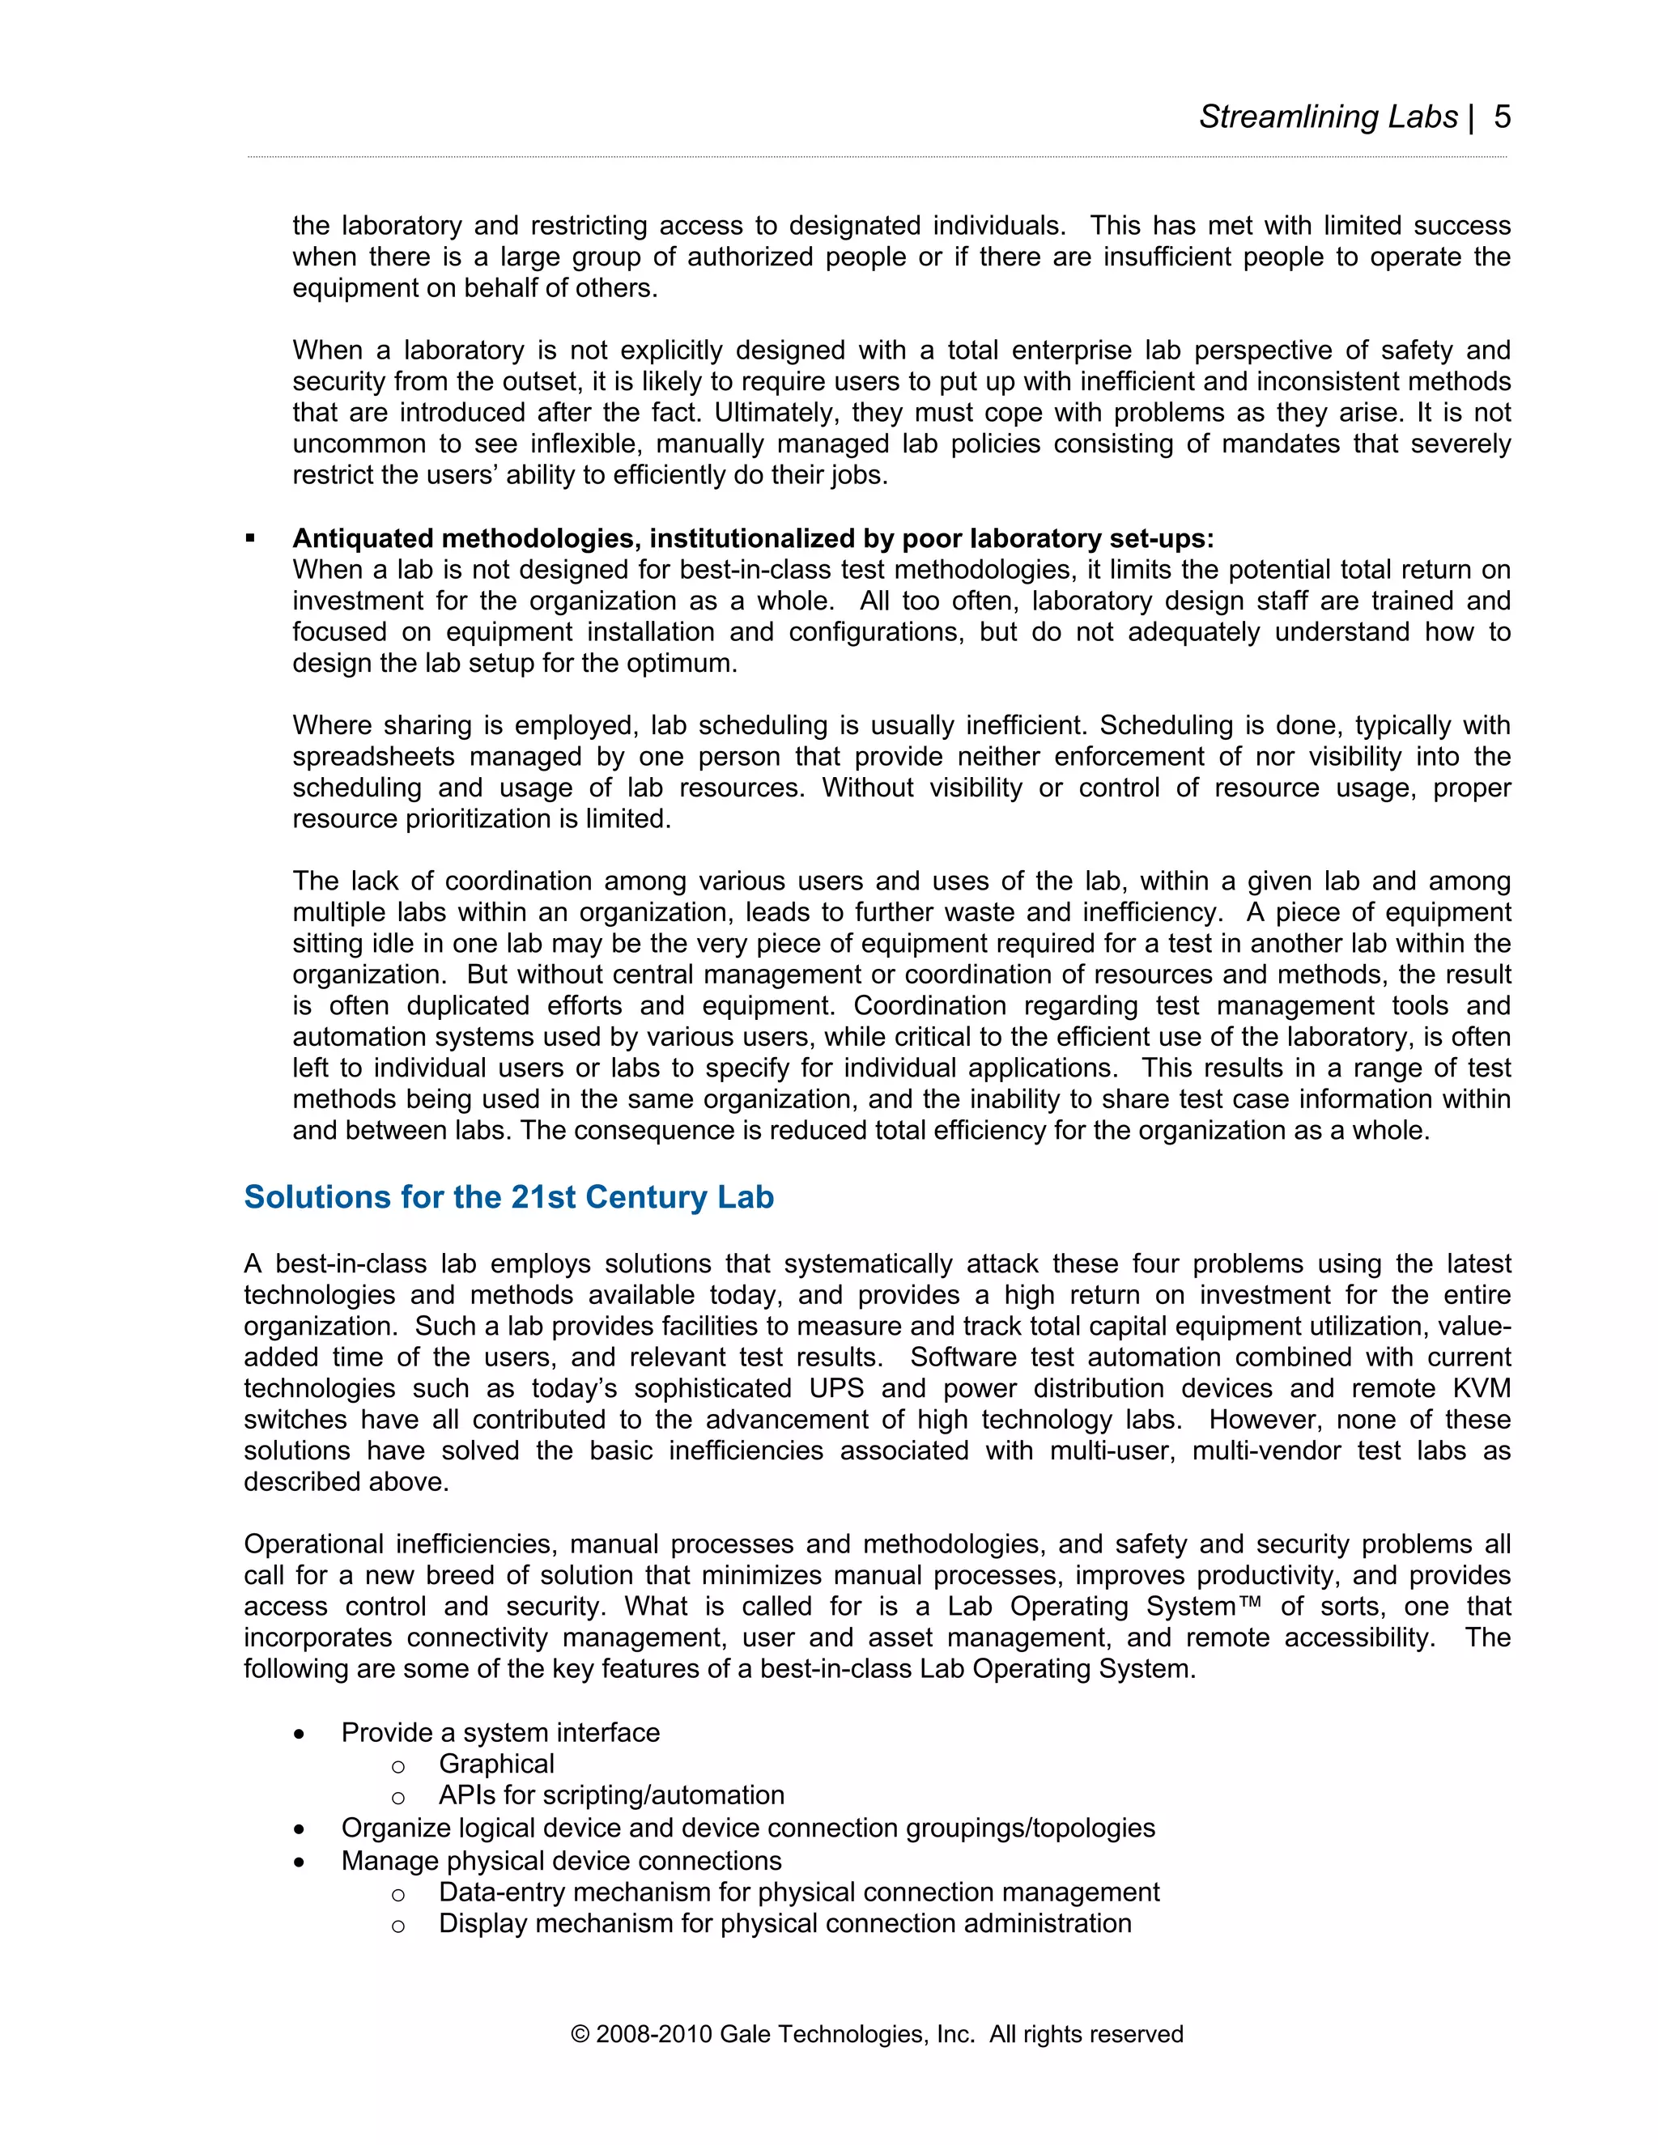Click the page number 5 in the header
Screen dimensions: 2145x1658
click(1501, 117)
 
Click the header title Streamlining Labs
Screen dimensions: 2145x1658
click(1327, 117)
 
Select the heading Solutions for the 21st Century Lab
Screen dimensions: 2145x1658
click(508, 1197)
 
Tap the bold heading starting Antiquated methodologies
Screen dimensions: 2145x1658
click(752, 538)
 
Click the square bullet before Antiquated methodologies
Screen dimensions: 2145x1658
click(250, 538)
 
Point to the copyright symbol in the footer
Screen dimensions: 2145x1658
click(580, 2034)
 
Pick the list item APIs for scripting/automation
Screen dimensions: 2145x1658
click(611, 1795)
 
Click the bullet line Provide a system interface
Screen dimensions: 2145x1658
click(500, 1731)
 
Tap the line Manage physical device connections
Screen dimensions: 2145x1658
click(561, 1860)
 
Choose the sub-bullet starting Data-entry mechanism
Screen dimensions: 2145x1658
click(798, 1892)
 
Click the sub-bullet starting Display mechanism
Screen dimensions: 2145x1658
click(784, 1923)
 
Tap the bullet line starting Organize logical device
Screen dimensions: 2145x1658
click(747, 1828)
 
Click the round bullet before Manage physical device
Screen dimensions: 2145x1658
click(299, 1863)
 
